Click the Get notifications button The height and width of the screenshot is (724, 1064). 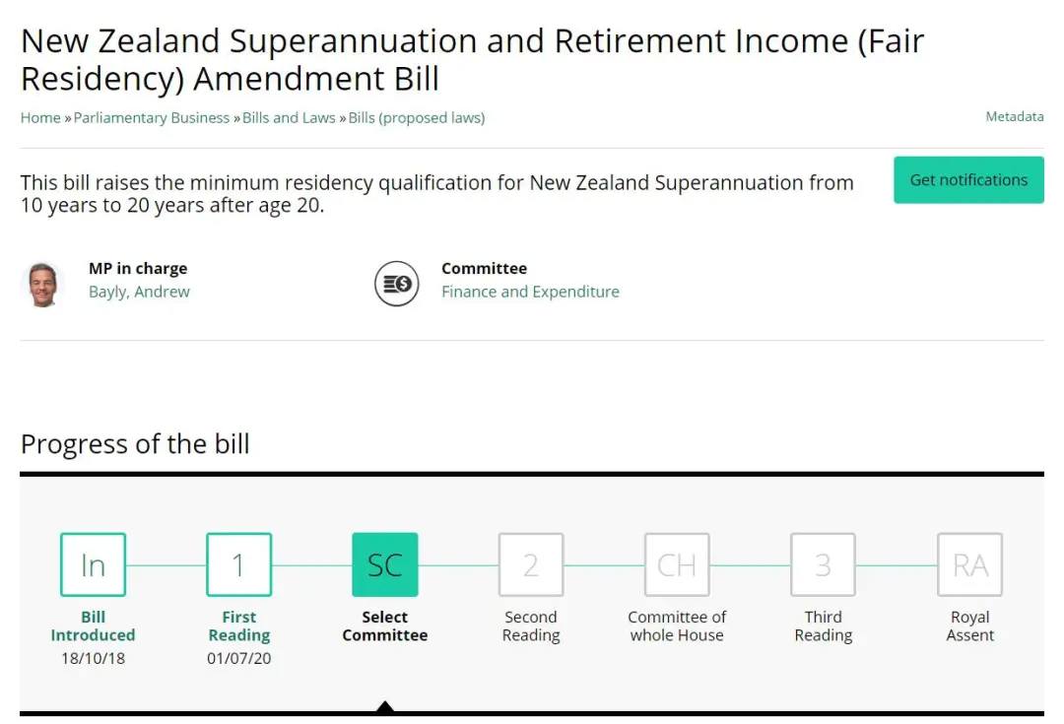pos(968,180)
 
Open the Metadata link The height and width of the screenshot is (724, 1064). pos(1015,116)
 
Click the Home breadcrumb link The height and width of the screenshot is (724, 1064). pos(40,118)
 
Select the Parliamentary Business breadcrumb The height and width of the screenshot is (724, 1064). pos(152,118)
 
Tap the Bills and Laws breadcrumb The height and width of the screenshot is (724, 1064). pos(289,118)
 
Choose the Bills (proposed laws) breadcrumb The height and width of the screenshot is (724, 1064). pos(417,118)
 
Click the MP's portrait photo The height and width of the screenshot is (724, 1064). pos(42,285)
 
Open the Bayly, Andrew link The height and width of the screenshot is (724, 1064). pos(139,292)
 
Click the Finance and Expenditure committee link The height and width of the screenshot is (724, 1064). pos(530,292)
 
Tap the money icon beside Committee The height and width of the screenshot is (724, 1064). pos(397,284)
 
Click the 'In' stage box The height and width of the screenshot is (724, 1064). pos(93,564)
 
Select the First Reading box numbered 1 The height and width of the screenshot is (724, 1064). pos(238,564)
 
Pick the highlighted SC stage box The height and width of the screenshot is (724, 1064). pos(385,564)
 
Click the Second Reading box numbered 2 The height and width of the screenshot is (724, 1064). pos(531,564)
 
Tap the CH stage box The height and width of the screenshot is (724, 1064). pos(677,564)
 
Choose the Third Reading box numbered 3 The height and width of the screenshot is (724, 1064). pos(823,564)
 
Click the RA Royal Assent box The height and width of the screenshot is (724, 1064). pos(969,564)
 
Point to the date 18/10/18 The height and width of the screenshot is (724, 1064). pos(93,658)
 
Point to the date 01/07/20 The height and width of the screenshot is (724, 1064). pos(238,658)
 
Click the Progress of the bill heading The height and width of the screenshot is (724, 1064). pos(135,444)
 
